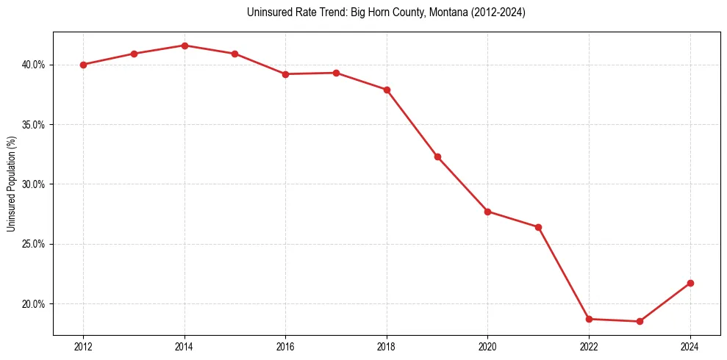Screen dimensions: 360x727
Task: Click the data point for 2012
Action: (83, 65)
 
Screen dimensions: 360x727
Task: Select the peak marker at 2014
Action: (185, 46)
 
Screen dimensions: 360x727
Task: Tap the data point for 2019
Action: (437, 156)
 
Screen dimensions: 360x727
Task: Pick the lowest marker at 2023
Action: (640, 321)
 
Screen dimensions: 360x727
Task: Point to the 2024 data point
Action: (690, 283)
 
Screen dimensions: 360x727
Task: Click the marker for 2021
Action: (538, 227)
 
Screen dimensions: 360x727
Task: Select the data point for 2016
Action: (285, 74)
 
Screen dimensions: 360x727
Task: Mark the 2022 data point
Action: (589, 319)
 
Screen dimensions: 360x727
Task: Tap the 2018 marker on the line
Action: (387, 90)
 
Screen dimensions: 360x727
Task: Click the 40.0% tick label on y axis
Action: (33, 65)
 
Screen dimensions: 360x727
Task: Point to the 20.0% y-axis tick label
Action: (33, 304)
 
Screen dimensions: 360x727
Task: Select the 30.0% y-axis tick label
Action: (33, 184)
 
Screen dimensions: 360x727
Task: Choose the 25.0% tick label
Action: (33, 244)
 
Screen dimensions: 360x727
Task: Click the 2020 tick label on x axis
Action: (487, 347)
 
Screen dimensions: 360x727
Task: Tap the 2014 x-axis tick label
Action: (185, 347)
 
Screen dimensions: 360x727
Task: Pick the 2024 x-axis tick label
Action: (690, 347)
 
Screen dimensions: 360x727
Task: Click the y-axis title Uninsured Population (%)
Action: (12, 184)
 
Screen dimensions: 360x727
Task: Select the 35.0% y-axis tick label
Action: (33, 125)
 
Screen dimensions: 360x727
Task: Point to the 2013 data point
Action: (134, 54)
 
